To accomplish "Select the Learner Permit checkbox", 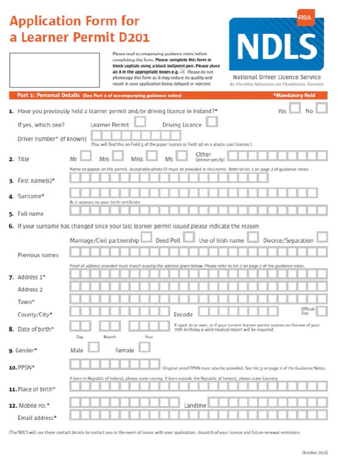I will tap(141, 122).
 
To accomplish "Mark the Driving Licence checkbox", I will tap(212, 122).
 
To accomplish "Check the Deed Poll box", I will tap(188, 237).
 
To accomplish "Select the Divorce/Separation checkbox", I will tap(322, 237).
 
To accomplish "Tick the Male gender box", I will tap(94, 348).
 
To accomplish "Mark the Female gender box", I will tap(145, 348).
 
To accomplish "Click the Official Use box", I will tap(322, 311).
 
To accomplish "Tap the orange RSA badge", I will tap(304, 17).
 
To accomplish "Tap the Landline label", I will tap(195, 405).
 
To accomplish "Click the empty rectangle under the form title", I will tap(54, 70).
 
